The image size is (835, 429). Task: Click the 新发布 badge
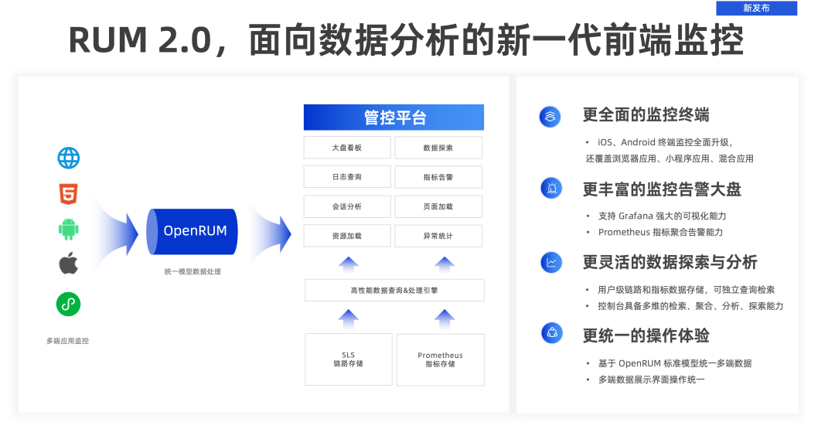pos(756,9)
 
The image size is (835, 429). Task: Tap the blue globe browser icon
pos(68,158)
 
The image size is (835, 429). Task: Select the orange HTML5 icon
pos(68,194)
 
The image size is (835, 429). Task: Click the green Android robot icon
pos(68,229)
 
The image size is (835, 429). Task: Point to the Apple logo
pos(68,264)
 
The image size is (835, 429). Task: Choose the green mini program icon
pos(68,304)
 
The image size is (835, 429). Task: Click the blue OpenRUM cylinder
pos(192,231)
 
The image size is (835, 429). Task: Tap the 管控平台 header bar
pos(394,117)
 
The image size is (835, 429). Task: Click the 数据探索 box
pos(438,148)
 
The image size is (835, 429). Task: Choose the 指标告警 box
pos(438,177)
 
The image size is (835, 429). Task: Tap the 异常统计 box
pos(438,236)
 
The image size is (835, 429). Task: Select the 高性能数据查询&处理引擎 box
pos(394,290)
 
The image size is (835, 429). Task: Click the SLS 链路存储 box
pos(348,359)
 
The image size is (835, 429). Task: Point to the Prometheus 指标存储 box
pos(440,359)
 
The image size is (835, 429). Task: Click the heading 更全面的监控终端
pos(646,115)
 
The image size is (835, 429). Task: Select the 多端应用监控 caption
pos(67,340)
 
